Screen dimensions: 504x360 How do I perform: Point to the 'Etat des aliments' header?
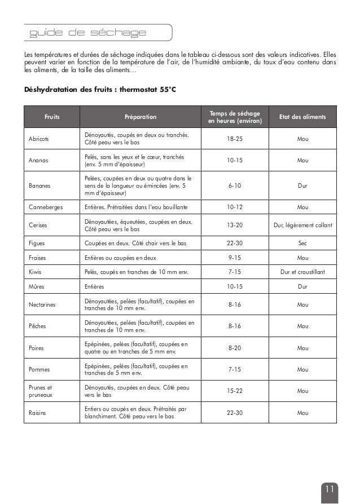tap(302, 117)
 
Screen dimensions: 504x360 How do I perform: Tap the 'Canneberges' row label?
tap(46, 207)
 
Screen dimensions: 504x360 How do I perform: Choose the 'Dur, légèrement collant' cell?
tap(302, 226)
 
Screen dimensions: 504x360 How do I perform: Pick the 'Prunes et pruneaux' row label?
tap(40, 391)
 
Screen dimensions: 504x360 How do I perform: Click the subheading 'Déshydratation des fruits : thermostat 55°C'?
tap(100, 90)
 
